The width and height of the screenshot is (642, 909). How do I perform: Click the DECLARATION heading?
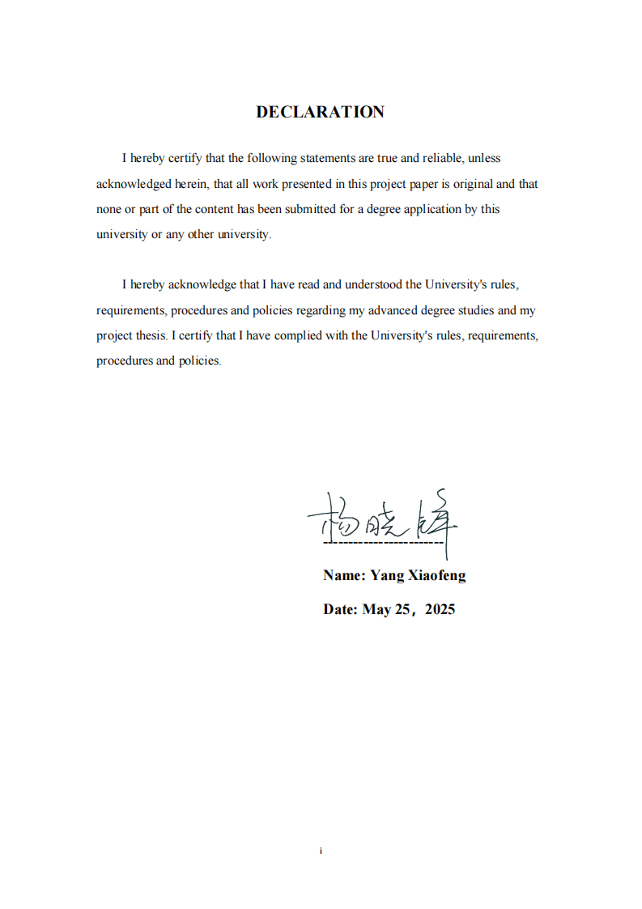[320, 112]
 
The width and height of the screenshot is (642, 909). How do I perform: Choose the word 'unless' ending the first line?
[484, 159]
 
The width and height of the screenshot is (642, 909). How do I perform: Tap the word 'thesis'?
[151, 335]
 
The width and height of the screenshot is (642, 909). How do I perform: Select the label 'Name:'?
[344, 576]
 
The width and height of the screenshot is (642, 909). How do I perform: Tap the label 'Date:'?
[340, 610]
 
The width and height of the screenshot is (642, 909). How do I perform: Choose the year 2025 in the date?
[440, 610]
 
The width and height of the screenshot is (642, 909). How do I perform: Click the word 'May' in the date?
[376, 610]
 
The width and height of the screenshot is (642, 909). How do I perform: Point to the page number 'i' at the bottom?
[321, 851]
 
